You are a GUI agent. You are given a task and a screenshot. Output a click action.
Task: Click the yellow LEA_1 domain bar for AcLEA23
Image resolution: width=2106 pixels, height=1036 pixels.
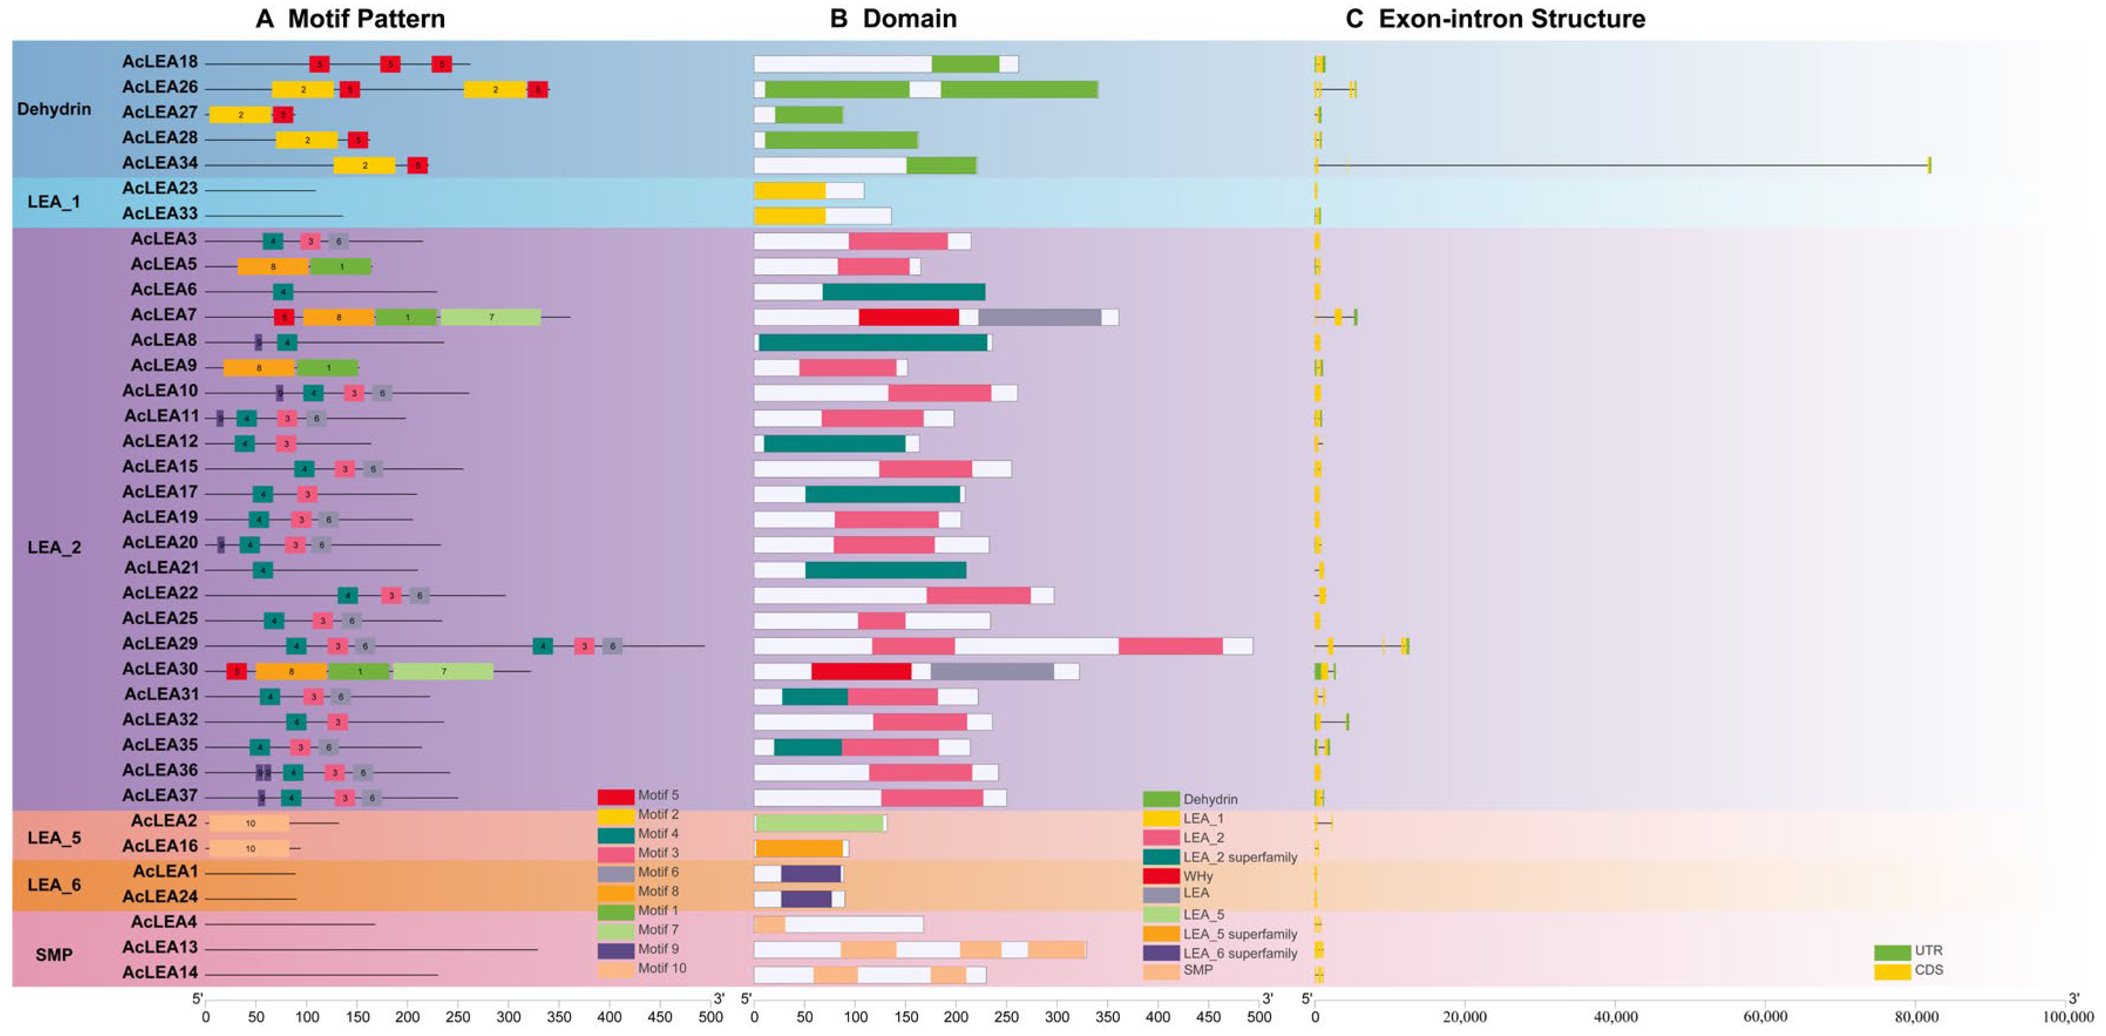(790, 191)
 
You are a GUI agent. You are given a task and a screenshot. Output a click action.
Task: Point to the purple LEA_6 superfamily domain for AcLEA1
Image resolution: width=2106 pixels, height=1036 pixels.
(810, 874)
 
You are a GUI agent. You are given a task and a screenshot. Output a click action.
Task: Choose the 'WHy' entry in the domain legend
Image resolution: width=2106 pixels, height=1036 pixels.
(1198, 876)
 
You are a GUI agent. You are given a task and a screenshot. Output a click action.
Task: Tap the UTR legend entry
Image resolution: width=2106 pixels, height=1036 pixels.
(1928, 951)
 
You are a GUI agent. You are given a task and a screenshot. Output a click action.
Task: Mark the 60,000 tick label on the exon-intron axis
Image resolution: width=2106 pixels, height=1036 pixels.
(1765, 1017)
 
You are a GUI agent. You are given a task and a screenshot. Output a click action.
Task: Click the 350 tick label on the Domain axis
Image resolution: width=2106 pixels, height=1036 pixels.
(1108, 1017)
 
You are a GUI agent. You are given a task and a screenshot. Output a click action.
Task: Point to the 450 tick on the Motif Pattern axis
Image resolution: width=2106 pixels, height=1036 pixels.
(660, 1017)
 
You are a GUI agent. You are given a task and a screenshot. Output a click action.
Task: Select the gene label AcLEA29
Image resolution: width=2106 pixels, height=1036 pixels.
(160, 644)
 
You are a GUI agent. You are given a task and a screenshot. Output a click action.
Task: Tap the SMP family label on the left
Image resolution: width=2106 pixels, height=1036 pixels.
(54, 955)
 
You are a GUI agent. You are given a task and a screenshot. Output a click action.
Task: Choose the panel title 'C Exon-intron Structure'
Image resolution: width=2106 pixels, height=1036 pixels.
(1495, 19)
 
